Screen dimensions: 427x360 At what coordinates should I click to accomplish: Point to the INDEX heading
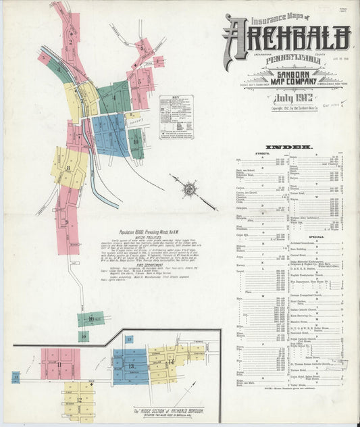[288, 147]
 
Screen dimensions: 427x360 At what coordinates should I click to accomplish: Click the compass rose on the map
[190, 189]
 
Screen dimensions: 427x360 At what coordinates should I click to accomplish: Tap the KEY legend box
[176, 116]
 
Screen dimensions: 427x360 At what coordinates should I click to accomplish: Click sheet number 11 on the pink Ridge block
[59, 365]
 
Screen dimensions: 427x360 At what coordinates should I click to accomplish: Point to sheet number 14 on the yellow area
[171, 362]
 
